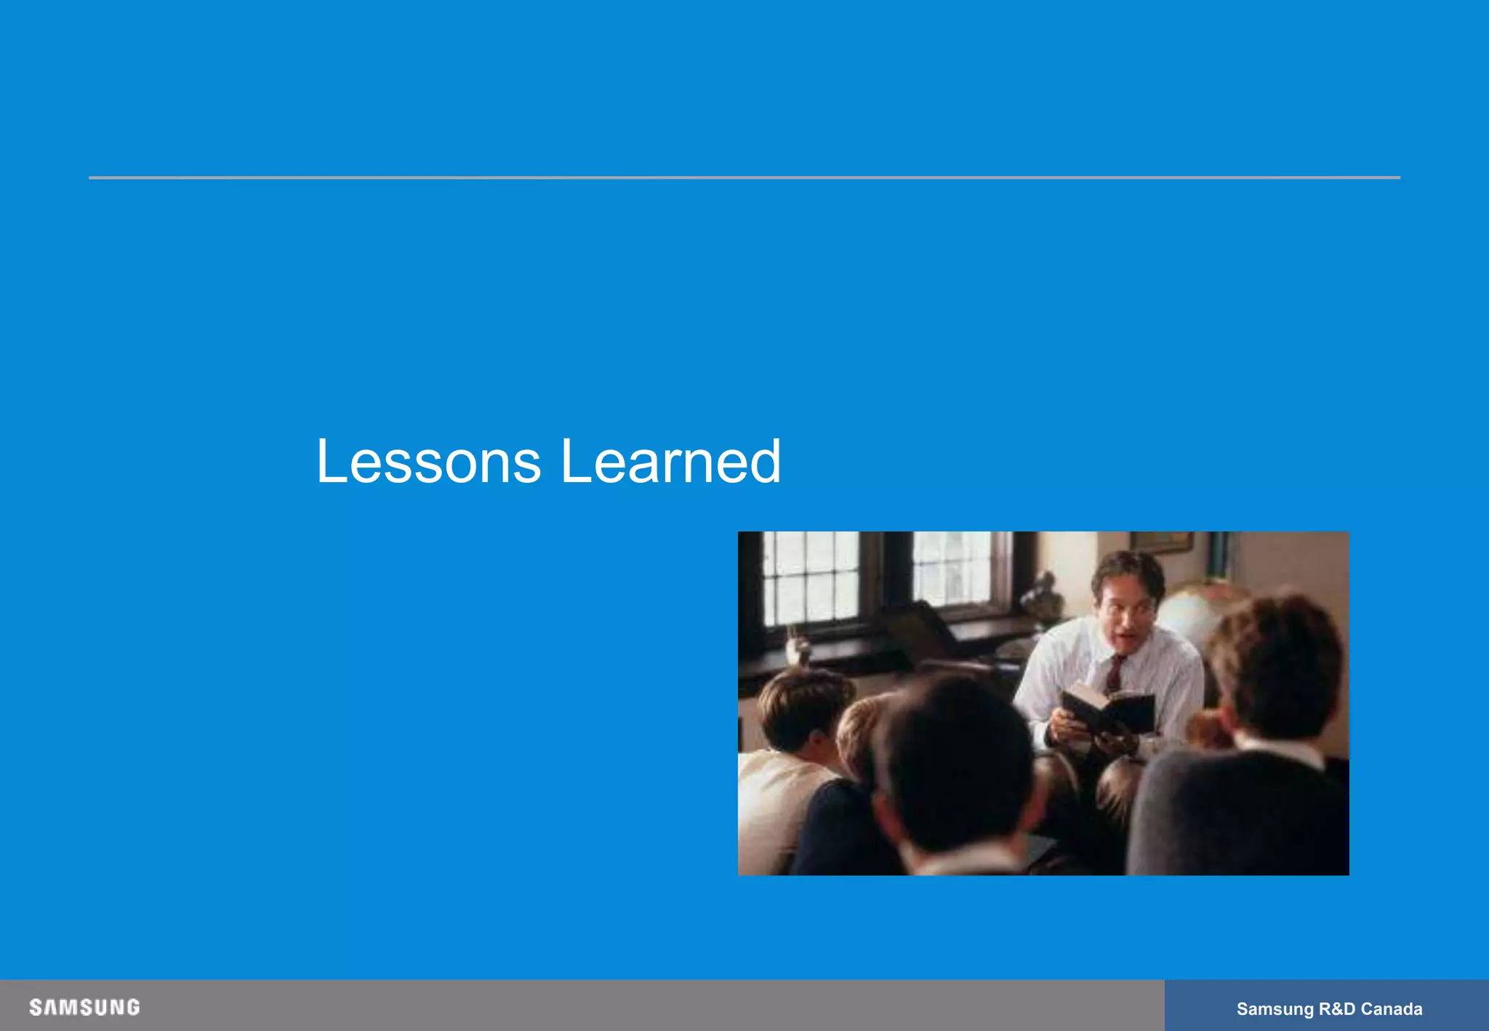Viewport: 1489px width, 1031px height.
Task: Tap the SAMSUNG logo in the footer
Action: [x=84, y=1007]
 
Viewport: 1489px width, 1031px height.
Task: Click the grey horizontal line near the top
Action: [x=744, y=177]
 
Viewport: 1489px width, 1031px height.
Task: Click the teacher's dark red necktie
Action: [x=1114, y=673]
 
